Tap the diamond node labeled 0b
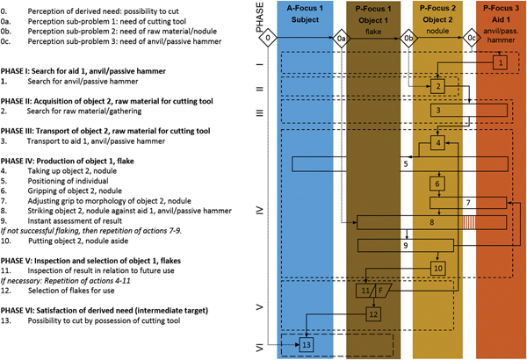coord(408,39)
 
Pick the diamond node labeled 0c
coord(472,39)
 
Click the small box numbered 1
coord(499,62)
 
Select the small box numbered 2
coord(438,86)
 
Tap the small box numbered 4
coord(437,142)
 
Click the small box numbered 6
coord(437,184)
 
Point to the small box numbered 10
coord(438,266)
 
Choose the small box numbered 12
coord(373,312)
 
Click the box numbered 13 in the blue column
coord(307,343)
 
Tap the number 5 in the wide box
coord(406,163)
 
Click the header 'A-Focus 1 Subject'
coord(305,15)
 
